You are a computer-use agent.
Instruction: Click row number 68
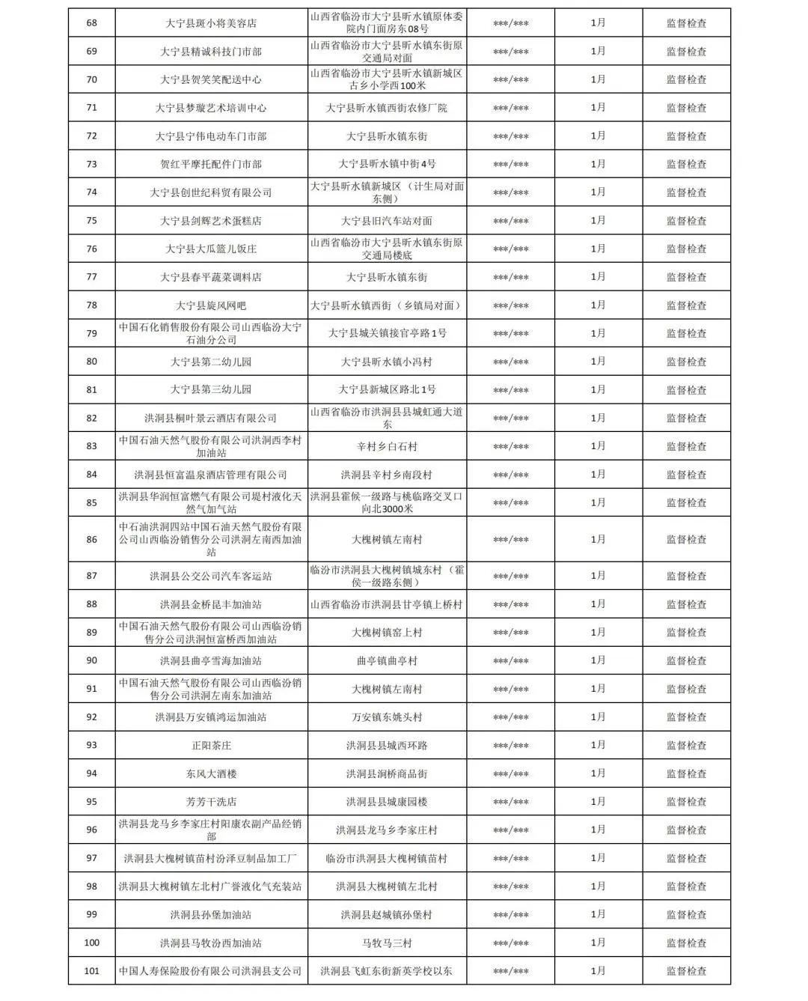(92, 23)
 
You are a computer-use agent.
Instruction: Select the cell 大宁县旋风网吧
(211, 305)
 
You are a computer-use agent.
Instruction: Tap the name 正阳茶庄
(211, 746)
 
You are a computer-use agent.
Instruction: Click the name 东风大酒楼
(211, 773)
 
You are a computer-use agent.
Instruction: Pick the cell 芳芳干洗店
(211, 802)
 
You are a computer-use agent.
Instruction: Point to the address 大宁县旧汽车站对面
(387, 221)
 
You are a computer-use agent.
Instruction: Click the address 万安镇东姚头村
(387, 717)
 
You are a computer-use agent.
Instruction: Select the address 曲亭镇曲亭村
(387, 661)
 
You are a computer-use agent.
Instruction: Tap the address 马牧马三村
(387, 943)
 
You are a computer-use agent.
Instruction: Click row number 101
(92, 971)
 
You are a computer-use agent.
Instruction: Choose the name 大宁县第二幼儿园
(211, 362)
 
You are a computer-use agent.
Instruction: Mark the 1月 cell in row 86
(598, 539)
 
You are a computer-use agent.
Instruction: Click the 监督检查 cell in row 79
(686, 333)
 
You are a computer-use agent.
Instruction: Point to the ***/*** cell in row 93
(511, 746)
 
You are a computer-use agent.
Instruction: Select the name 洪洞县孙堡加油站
(211, 915)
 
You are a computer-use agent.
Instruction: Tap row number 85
(92, 502)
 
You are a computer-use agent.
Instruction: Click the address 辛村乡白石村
(387, 446)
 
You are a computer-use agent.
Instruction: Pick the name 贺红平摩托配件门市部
(211, 164)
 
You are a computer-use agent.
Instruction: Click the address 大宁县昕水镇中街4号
(387, 164)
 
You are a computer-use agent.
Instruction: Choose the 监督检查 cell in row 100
(686, 943)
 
